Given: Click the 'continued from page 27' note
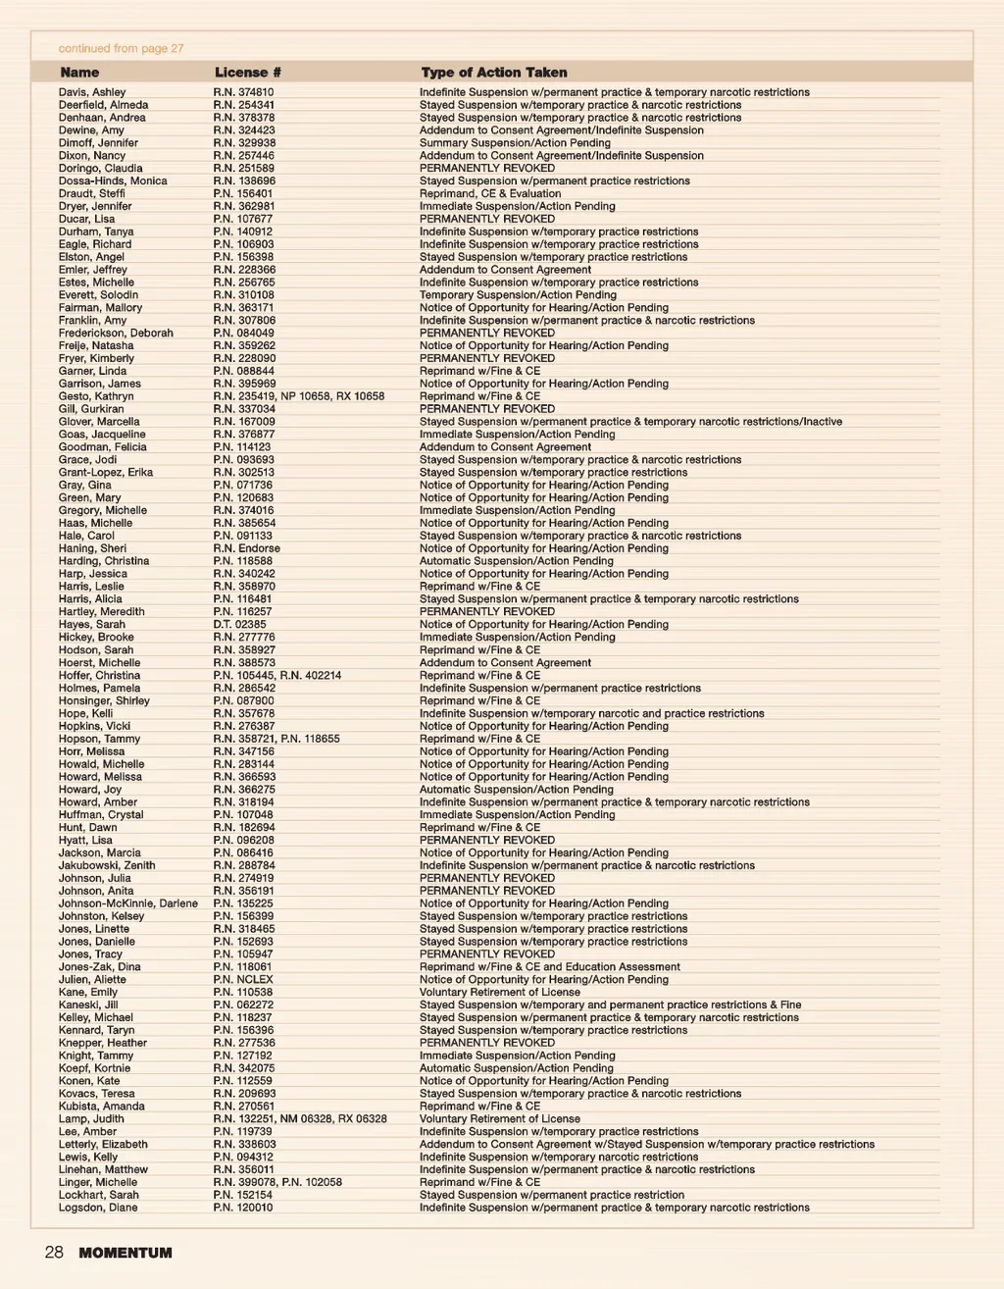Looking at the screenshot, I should pyautogui.click(x=121, y=48).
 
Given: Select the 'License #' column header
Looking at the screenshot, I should pyautogui.click(x=248, y=73).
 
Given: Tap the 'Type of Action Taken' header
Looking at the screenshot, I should pyautogui.click(x=494, y=73).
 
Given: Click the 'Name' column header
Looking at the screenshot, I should pyautogui.click(x=79, y=73).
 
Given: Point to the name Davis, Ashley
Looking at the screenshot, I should pyautogui.click(x=92, y=92).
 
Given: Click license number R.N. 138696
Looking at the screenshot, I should pyautogui.click(x=244, y=181).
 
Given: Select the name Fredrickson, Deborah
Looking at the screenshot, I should pyautogui.click(x=116, y=334).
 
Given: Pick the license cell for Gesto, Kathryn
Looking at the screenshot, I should pyautogui.click(x=299, y=397).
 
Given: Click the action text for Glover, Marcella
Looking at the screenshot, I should pyautogui.click(x=630, y=422).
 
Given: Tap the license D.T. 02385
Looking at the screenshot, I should pyautogui.click(x=239, y=625).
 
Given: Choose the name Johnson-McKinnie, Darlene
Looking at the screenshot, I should pyautogui.click(x=127, y=903).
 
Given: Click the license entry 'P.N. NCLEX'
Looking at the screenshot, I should pyautogui.click(x=243, y=980).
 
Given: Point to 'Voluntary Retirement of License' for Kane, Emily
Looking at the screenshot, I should pyautogui.click(x=499, y=993).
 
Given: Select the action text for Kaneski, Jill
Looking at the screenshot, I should pyautogui.click(x=610, y=1005).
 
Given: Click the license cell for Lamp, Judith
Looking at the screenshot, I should pyautogui.click(x=300, y=1119).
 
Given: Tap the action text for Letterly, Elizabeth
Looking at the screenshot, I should pyautogui.click(x=646, y=1145).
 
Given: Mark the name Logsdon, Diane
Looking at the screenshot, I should pyautogui.click(x=98, y=1208).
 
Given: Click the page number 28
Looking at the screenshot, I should pyautogui.click(x=54, y=1253).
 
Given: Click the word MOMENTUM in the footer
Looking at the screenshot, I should pyautogui.click(x=125, y=1254).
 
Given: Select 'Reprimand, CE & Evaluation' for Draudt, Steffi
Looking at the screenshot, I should pyautogui.click(x=490, y=194).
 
